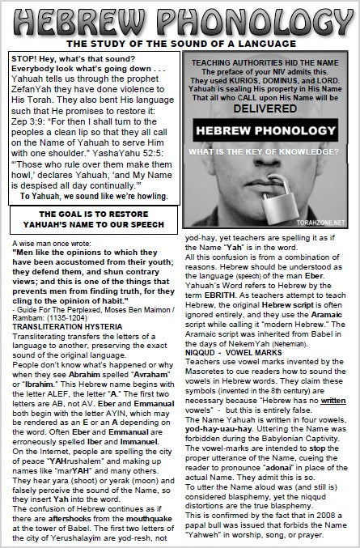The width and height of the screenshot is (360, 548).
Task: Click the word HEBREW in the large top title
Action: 89,20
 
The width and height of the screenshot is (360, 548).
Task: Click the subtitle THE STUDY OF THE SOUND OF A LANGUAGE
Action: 180,43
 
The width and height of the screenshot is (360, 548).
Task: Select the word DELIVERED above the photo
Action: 269,105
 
